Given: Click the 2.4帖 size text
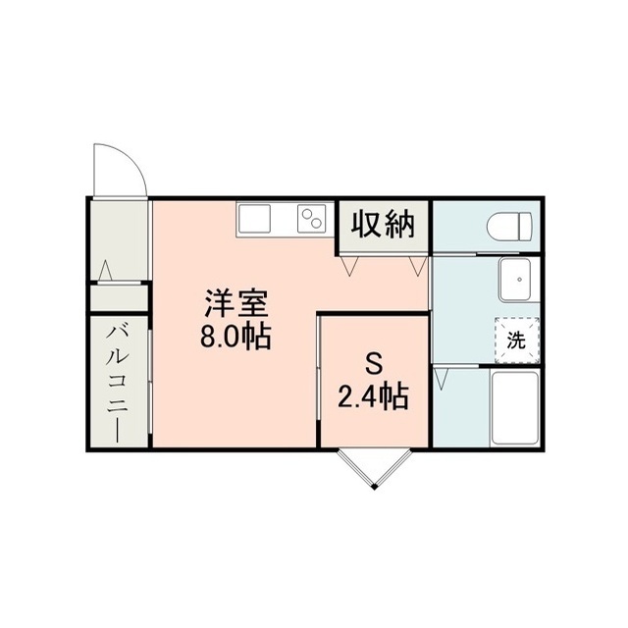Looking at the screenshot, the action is (373, 396).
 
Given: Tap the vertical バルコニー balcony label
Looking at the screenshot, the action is (118, 384).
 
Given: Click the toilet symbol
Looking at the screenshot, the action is (510, 227).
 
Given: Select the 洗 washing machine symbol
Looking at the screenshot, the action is (517, 340).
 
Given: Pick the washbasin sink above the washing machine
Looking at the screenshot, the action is (514, 279).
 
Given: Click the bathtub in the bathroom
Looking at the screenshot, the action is (514, 407).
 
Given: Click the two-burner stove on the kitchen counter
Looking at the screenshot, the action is (312, 219).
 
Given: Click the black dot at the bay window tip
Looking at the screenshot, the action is (375, 487).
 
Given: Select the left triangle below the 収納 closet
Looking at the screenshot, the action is (349, 266).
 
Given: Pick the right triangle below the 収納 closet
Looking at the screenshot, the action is (418, 266).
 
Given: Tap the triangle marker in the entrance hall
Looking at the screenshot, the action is (105, 271).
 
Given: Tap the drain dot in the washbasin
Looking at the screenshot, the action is (519, 279).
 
